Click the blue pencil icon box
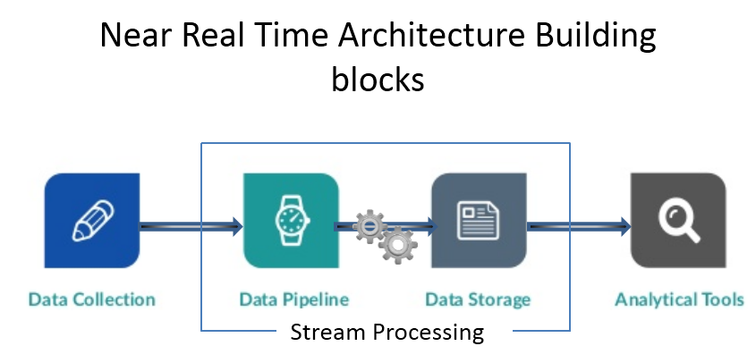(92, 220)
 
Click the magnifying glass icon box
(678, 220)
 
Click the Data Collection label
(92, 300)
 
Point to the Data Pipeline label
(293, 300)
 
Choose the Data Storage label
(478, 300)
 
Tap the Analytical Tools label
(679, 300)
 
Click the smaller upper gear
(368, 226)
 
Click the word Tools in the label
(723, 300)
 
